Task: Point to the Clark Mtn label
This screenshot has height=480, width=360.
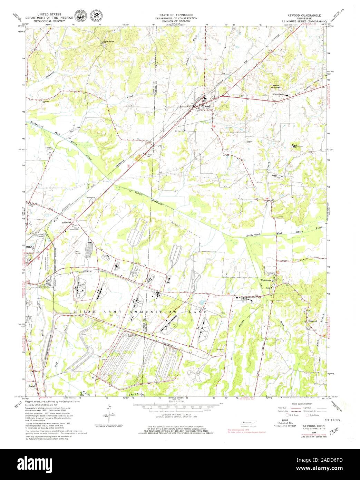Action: [x=294, y=146]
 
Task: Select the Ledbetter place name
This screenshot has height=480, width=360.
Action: [x=66, y=222]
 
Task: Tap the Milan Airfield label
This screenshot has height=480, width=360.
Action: [x=79, y=253]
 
